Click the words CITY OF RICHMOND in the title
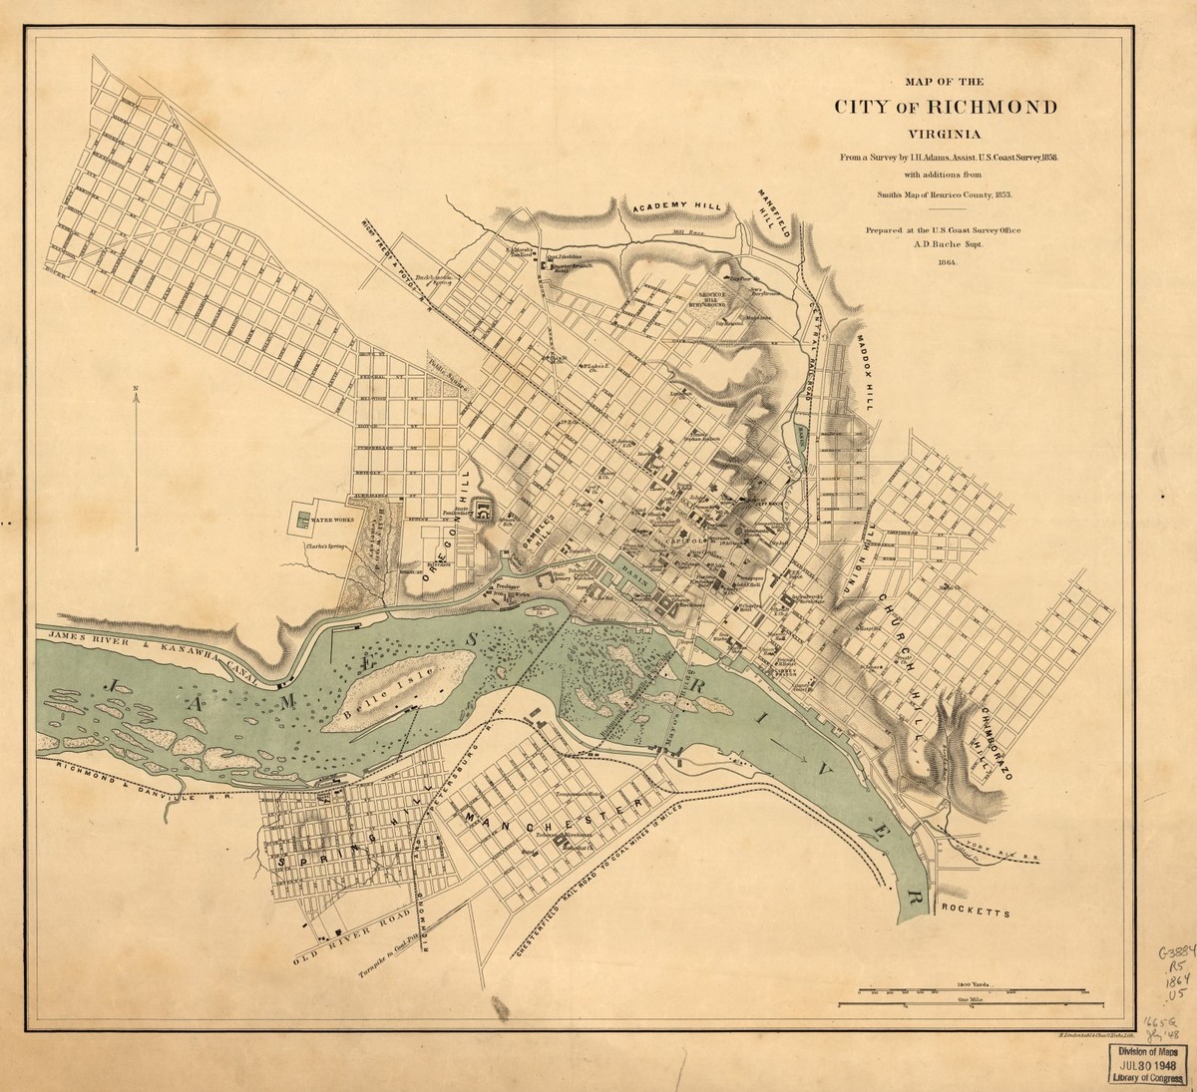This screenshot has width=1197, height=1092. tap(947, 108)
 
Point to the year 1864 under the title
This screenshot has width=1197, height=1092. tap(947, 262)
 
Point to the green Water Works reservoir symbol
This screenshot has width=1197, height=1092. tap(300, 520)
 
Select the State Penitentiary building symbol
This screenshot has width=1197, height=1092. tap(483, 512)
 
